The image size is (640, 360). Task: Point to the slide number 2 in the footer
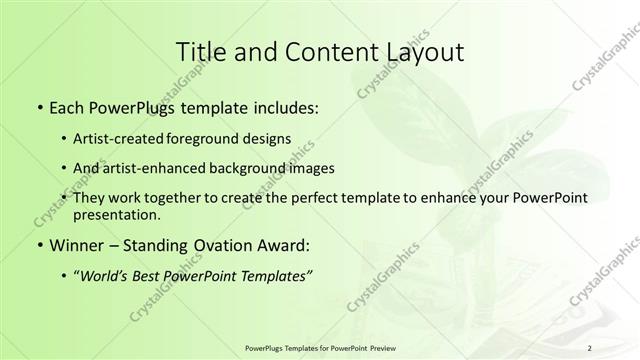click(x=590, y=348)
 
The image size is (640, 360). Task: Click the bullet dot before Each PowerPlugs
click(x=38, y=107)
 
